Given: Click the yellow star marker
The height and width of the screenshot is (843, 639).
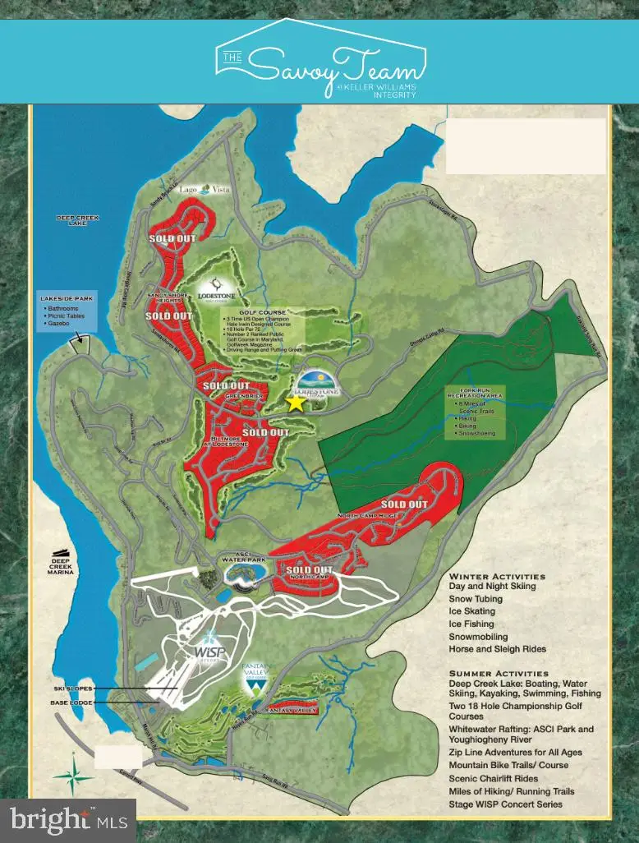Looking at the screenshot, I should click(295, 402).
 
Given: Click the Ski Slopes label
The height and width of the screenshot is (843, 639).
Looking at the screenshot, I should click(71, 688).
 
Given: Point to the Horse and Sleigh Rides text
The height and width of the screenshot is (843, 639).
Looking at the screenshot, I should click(498, 649).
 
